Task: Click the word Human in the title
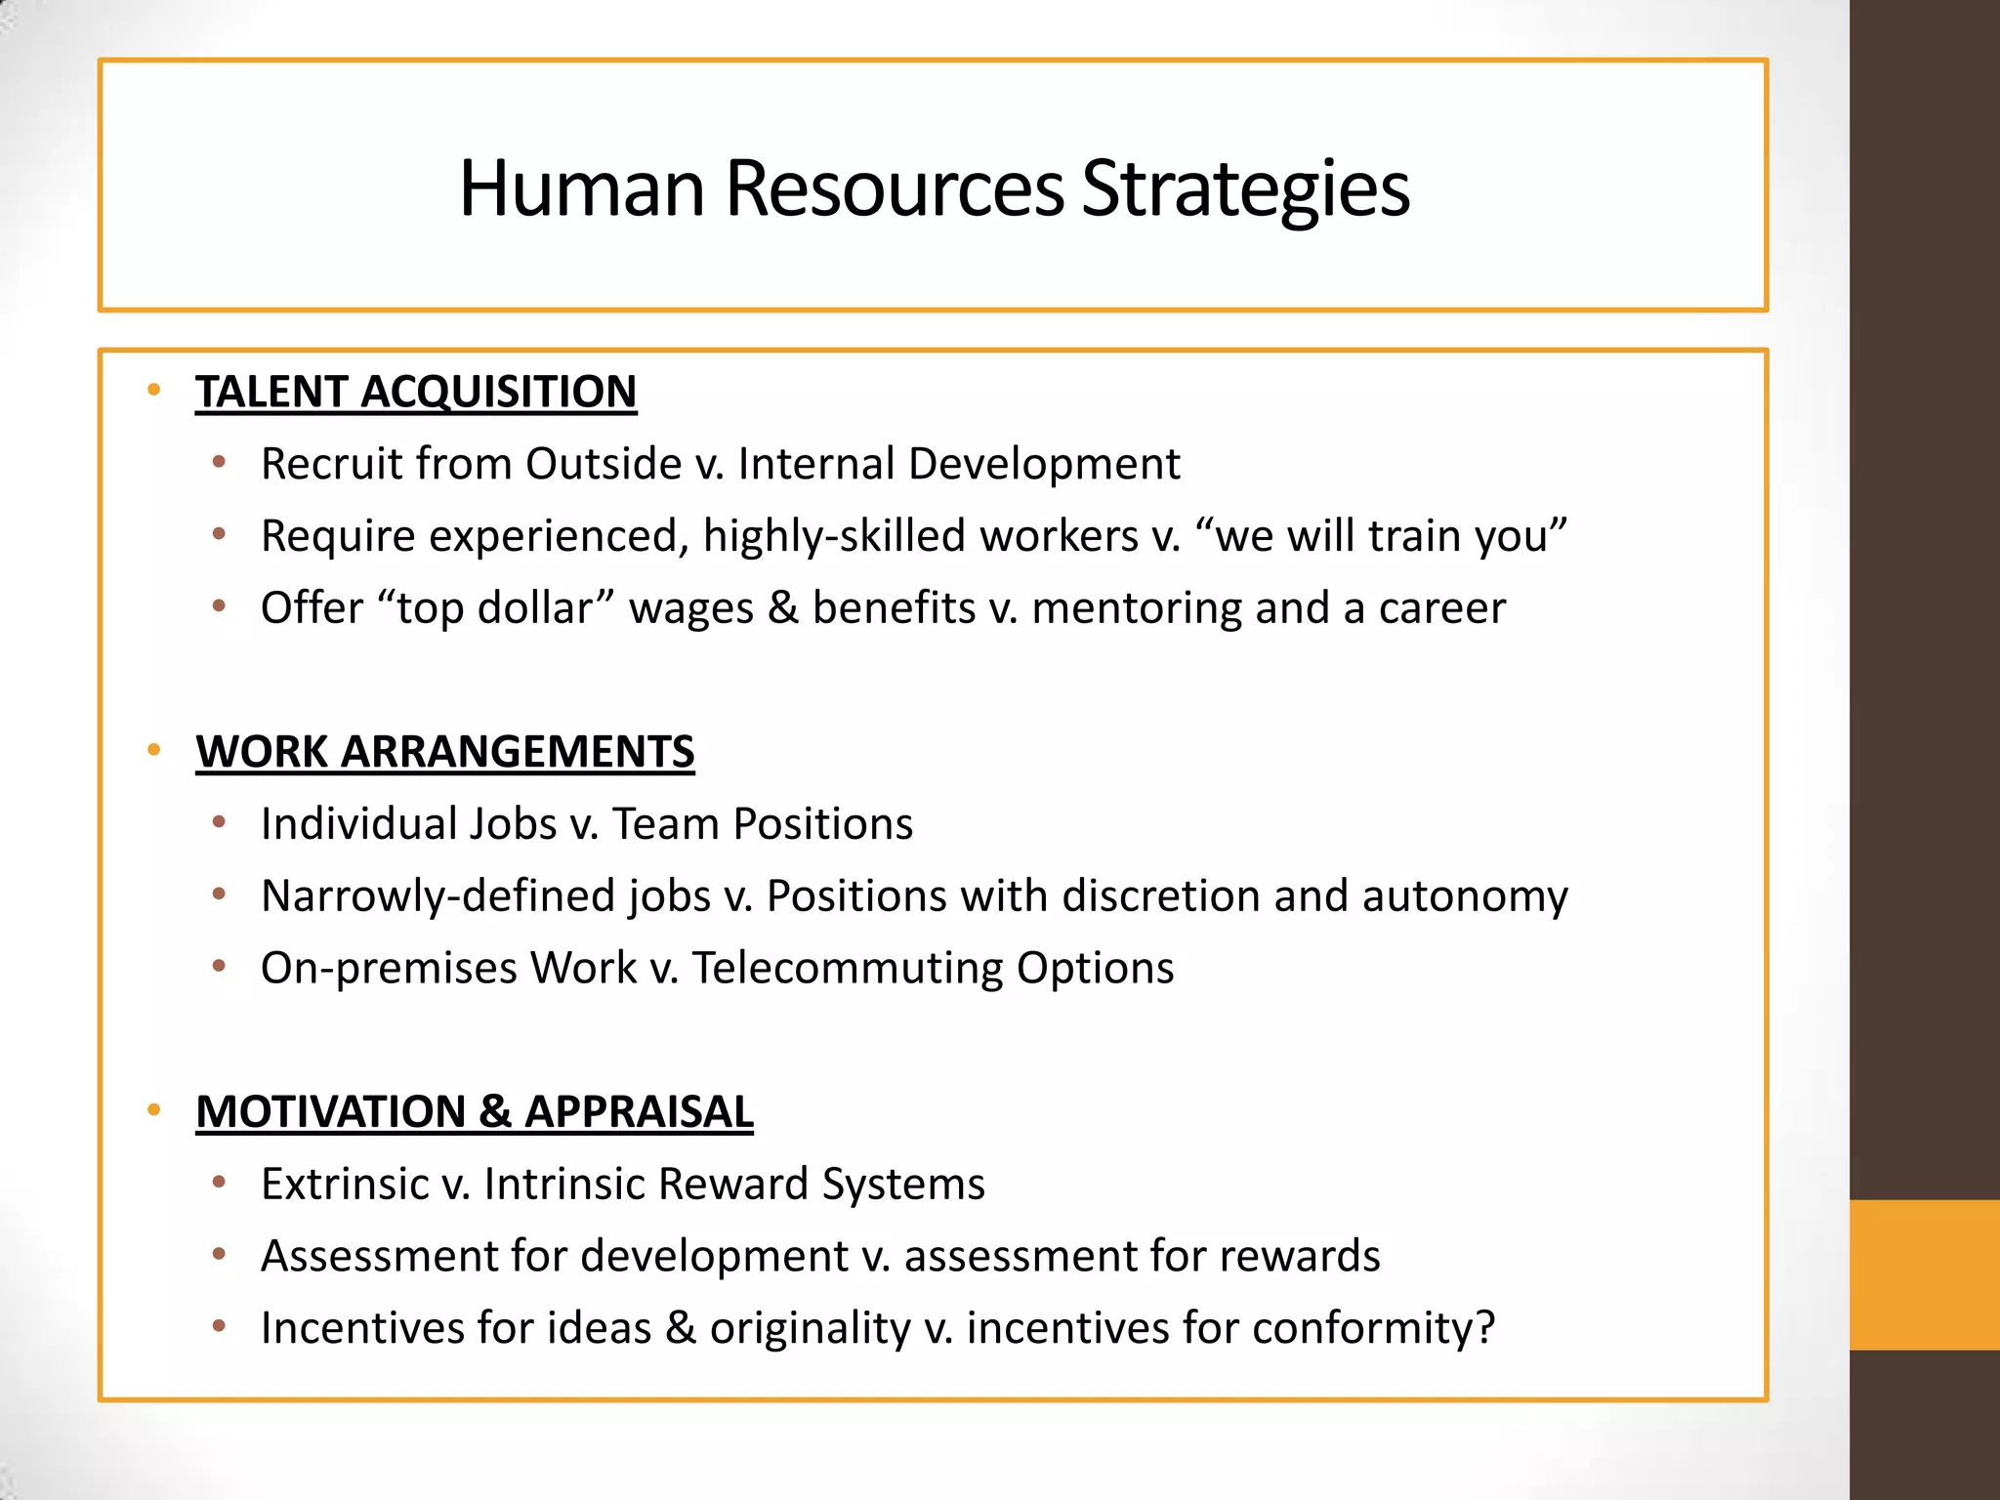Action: (582, 188)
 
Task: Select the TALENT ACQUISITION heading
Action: (416, 392)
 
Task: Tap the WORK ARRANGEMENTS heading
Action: (444, 752)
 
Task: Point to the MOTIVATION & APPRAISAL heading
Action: (475, 1112)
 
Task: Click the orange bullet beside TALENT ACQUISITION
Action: (153, 391)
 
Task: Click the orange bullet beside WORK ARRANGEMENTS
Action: (153, 751)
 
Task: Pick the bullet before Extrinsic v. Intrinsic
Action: (220, 1184)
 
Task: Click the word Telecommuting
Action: (848, 969)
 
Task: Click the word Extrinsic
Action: (346, 1185)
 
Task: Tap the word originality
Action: (811, 1328)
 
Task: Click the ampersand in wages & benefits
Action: (782, 608)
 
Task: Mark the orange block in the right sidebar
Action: (1924, 1274)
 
